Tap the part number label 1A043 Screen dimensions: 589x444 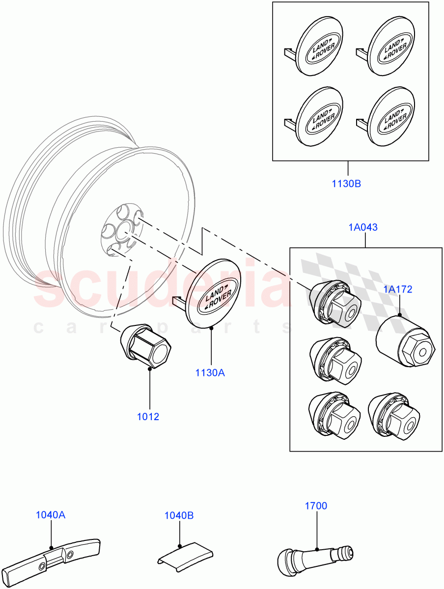pyautogui.click(x=363, y=227)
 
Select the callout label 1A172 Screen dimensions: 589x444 pyautogui.click(x=398, y=290)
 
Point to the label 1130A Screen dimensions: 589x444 pyautogui.click(x=210, y=373)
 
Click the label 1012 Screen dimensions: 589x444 pyautogui.click(x=148, y=417)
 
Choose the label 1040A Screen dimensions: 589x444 pyautogui.click(x=51, y=515)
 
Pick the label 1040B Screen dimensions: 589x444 pyautogui.click(x=179, y=515)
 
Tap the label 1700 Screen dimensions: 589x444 pyautogui.click(x=315, y=506)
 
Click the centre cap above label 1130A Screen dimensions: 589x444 pyautogui.click(x=213, y=294)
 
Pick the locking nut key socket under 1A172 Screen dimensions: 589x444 pyautogui.click(x=406, y=341)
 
